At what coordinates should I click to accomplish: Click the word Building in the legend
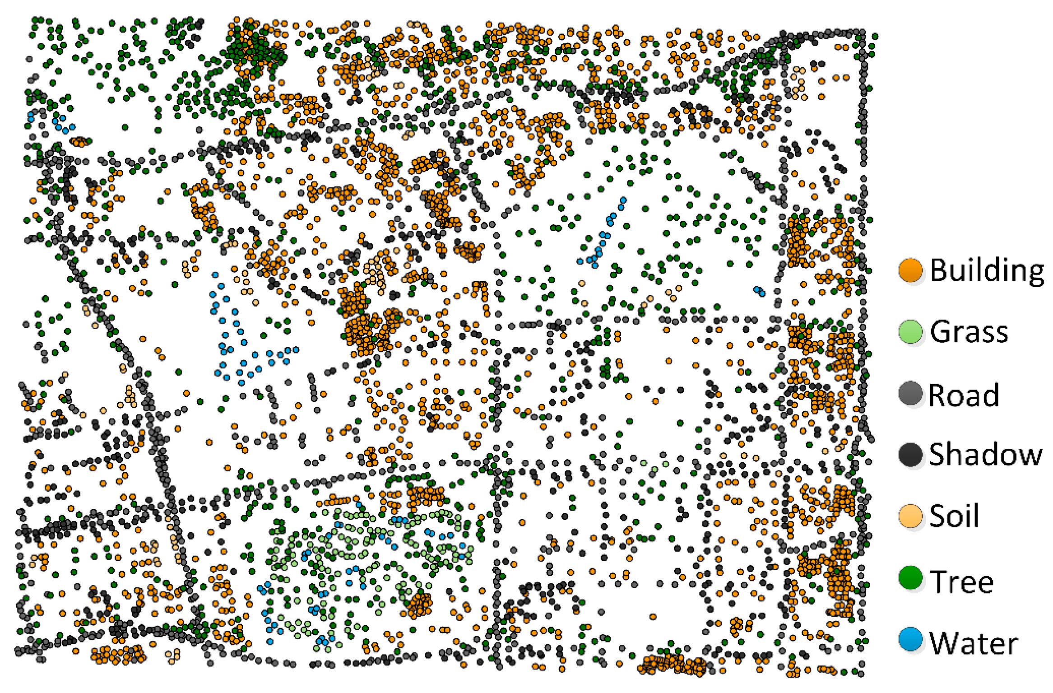click(x=987, y=271)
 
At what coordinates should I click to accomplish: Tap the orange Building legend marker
click(x=910, y=270)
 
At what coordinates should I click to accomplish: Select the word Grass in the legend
click(x=969, y=332)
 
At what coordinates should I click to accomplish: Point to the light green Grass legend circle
click(x=910, y=332)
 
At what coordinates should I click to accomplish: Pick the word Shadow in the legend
click(x=986, y=454)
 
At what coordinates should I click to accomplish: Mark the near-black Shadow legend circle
click(x=910, y=455)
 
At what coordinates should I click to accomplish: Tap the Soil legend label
click(x=954, y=516)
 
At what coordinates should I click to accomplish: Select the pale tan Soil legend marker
click(x=910, y=516)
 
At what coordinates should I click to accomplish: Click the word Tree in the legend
click(x=961, y=582)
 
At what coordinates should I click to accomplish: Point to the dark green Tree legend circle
click(x=910, y=578)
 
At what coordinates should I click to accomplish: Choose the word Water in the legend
click(x=974, y=643)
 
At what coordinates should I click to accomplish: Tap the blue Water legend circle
click(x=910, y=639)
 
